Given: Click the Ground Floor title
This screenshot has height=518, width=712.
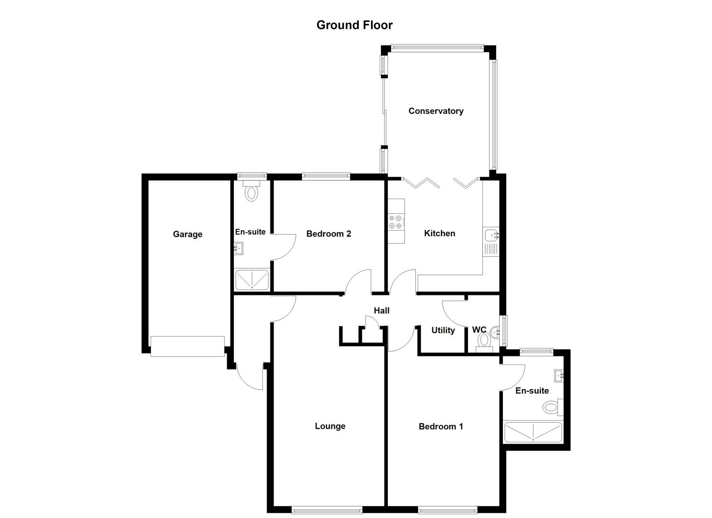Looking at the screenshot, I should point(354,25).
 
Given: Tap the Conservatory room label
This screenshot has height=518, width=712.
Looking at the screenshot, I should point(436,111).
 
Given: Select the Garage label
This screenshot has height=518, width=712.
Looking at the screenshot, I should point(187,234).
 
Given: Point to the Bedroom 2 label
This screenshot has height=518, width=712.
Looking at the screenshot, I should point(328,234).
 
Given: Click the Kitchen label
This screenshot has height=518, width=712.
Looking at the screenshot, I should point(440,233).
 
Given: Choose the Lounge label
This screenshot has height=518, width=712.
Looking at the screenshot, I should point(330,426).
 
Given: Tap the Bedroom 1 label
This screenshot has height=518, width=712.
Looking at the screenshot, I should point(441,426).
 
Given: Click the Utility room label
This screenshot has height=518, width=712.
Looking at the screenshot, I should point(443,330).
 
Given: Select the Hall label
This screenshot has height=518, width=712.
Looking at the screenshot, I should point(382,310).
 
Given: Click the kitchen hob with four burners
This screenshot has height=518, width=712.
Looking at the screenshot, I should point(396,222).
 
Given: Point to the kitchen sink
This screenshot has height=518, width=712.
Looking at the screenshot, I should point(491,235).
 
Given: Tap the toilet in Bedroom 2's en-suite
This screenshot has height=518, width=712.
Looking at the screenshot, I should point(251,191).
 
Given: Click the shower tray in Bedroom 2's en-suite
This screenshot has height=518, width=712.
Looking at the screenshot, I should point(252,280).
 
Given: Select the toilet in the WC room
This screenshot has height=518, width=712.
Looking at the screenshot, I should point(484,341).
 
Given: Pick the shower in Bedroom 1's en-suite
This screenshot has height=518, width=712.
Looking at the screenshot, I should point(533,432).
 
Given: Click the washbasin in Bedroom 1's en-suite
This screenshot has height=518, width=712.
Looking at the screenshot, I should point(559,376).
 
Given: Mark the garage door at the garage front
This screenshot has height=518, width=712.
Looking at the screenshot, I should point(187,346).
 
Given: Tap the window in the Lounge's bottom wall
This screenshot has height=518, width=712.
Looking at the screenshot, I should point(327,510).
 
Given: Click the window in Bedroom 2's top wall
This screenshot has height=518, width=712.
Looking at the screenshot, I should point(326,176).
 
